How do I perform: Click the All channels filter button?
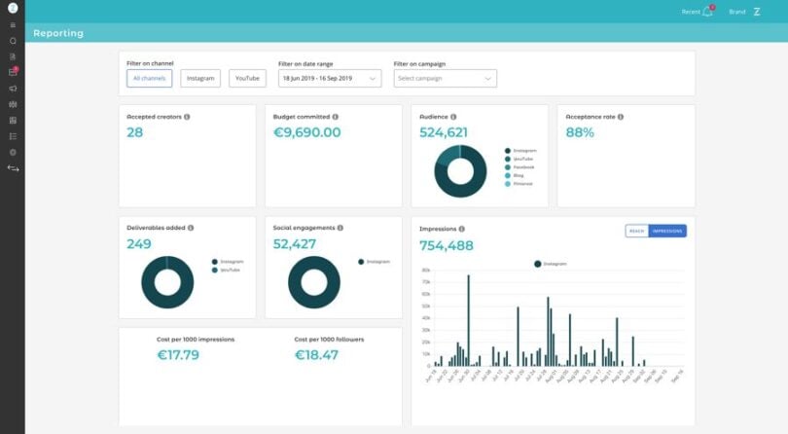149,78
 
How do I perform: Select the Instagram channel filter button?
200,78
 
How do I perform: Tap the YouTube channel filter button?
247,78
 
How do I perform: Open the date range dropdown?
329,78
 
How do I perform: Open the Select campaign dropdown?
445,78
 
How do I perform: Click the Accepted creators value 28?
135,132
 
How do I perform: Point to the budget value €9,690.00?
306,132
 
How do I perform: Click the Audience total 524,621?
444,132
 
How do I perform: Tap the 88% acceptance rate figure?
580,132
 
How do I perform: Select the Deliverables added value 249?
139,244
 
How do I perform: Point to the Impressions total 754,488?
447,245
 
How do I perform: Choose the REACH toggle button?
636,231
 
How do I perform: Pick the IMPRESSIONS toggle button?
667,231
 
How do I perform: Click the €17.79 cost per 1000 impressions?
178,355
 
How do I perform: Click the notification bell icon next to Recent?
707,12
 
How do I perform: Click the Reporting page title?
58,33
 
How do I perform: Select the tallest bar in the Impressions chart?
468,321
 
